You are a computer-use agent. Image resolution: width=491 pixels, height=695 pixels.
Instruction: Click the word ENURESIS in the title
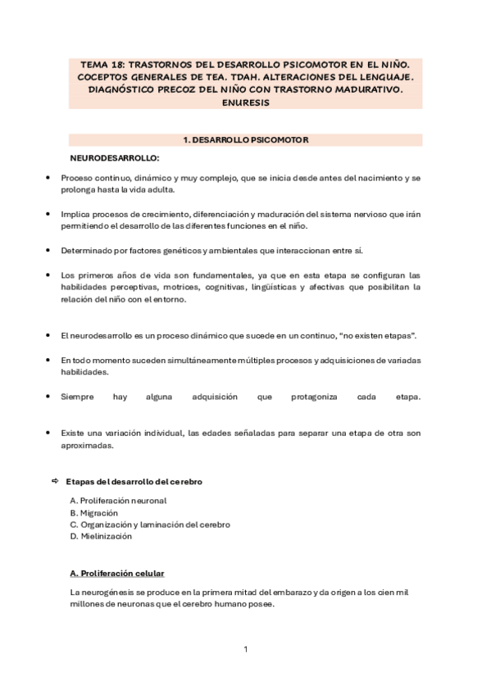245,103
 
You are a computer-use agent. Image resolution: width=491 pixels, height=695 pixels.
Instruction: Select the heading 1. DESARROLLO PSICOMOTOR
245,140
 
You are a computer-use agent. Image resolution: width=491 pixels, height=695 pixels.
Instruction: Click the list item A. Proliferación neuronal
118,500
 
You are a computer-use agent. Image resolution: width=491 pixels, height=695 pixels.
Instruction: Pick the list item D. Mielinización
101,536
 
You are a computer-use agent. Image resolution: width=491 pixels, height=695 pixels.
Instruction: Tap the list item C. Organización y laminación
150,524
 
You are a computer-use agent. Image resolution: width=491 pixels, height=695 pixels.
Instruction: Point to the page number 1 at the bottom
245,650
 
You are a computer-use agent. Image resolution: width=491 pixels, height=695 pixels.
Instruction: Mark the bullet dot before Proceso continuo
50,178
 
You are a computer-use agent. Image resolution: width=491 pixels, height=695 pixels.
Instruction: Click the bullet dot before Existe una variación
50,433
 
